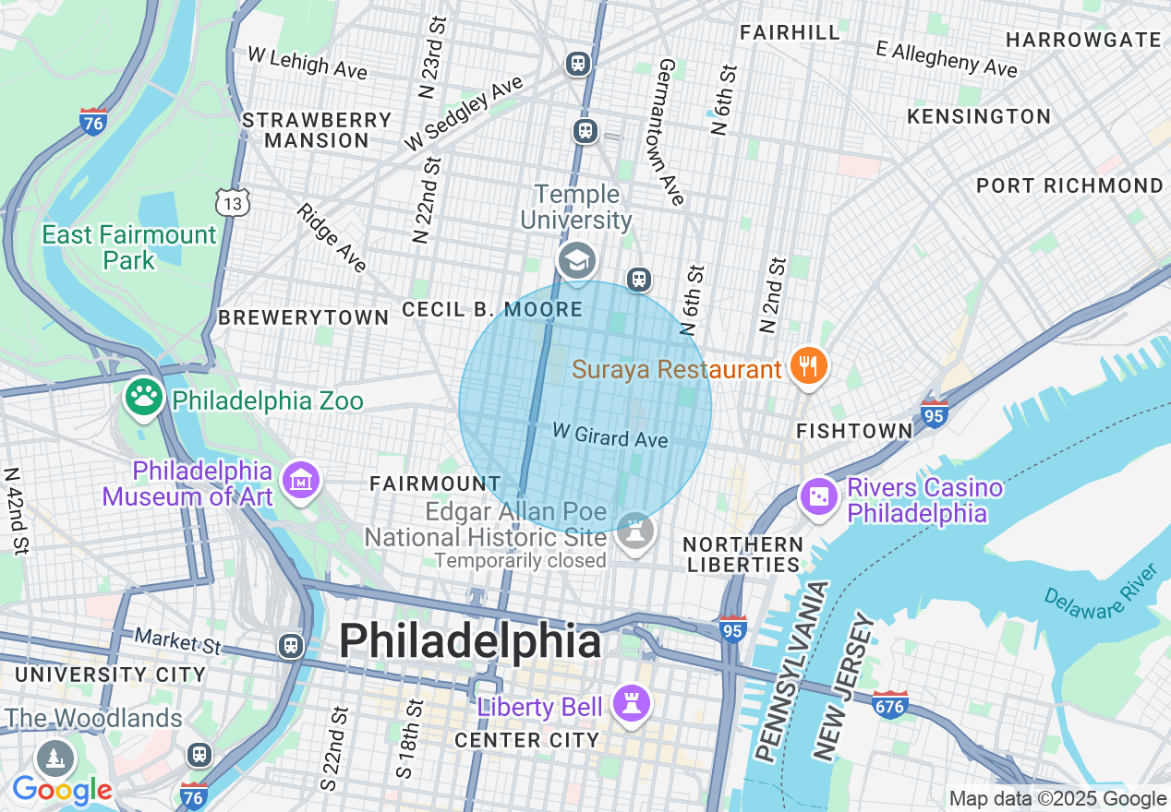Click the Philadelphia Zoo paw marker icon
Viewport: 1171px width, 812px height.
tap(143, 398)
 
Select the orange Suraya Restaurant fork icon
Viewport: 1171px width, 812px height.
tap(808, 366)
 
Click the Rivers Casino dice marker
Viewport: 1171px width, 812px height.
tap(818, 497)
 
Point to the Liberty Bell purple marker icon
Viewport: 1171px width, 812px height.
tap(632, 705)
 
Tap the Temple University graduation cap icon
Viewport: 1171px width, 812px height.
tap(577, 262)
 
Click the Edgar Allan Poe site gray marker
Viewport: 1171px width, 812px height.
tap(635, 531)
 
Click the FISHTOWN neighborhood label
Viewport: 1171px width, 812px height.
tap(854, 431)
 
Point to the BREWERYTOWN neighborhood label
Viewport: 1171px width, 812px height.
tap(303, 317)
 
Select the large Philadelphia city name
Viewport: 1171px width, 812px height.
tap(470, 641)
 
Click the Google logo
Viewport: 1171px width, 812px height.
tap(61, 790)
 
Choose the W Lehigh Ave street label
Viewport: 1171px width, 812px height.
tap(307, 63)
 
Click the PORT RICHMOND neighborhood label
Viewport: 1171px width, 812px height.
tap(1069, 185)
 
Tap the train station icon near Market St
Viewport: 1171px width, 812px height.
tap(291, 644)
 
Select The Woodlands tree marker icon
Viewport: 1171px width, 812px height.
tap(54, 758)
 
